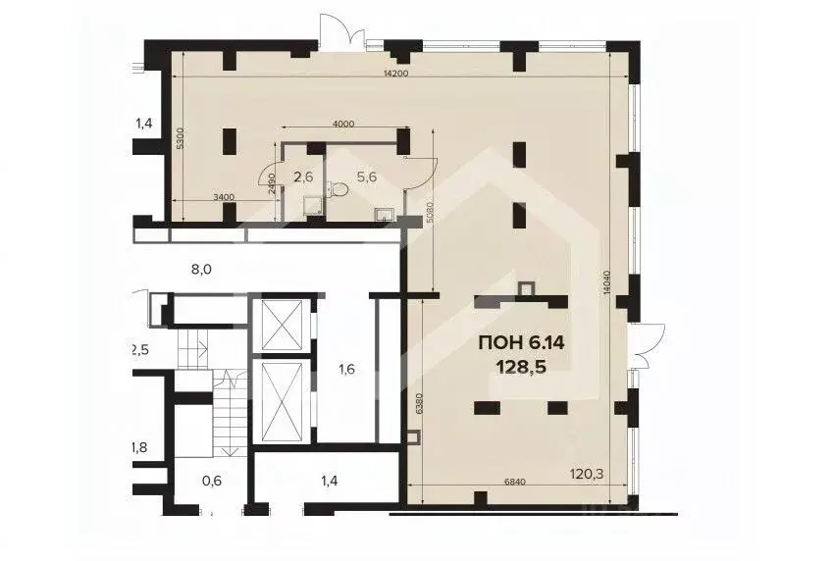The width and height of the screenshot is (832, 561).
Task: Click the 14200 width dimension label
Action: [396, 75]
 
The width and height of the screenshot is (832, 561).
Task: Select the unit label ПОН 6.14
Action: [522, 342]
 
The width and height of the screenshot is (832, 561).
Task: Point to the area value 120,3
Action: [588, 474]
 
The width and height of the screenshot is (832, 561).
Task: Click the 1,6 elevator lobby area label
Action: [345, 369]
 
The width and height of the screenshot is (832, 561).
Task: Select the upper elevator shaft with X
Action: [281, 324]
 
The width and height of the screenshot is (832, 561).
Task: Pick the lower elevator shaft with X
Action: [281, 401]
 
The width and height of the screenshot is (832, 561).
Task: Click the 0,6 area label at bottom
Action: [212, 480]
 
